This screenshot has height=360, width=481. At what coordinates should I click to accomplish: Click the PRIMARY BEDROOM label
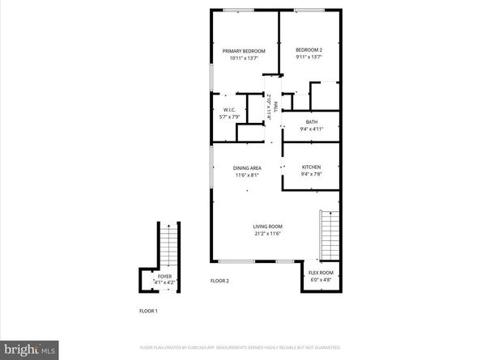point(244,51)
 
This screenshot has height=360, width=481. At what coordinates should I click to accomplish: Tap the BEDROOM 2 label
point(309,49)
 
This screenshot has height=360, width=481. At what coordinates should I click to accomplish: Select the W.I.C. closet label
point(228,109)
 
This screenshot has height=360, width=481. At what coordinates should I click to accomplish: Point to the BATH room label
point(312,122)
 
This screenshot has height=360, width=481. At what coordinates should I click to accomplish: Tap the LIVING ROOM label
point(266,227)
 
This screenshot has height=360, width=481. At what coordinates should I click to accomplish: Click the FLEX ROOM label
point(321,273)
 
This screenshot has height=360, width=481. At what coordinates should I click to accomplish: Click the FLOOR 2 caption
point(220,281)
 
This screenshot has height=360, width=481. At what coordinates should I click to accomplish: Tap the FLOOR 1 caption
point(148,311)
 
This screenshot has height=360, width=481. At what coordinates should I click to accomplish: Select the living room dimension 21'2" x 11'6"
point(266,235)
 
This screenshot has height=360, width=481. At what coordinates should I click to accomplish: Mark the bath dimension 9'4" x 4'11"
point(312,129)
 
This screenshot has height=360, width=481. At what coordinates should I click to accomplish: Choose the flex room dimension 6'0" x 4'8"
point(321,279)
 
